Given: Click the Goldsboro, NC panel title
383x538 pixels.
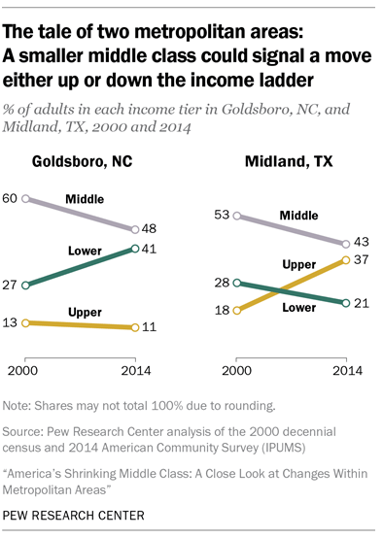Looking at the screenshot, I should [x=83, y=162].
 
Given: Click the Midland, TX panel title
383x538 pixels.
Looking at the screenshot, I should [x=277, y=162].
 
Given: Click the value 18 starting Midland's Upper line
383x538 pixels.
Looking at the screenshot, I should [x=220, y=310].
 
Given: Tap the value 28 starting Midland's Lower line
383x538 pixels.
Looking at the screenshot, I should [x=220, y=284].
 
